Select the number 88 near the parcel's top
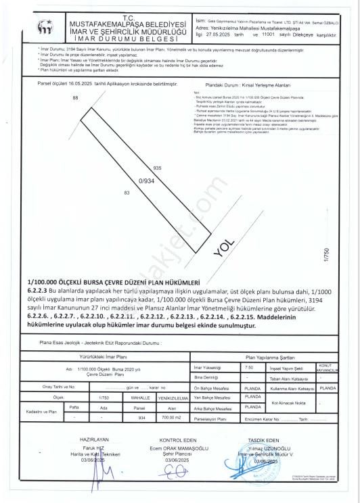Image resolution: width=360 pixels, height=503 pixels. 74,98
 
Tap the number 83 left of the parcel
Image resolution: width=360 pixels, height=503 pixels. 127,193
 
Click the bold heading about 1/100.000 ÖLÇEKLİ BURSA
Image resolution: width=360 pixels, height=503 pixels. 112,281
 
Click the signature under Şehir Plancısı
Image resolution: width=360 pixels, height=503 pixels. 177,460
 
